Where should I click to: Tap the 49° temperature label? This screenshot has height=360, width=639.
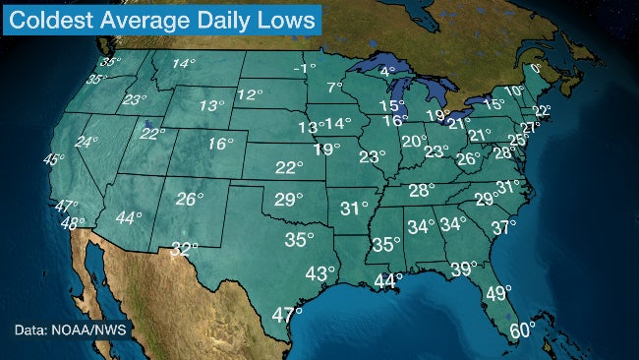pyautogui.click(x=498, y=293)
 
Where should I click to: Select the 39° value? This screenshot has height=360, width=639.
pyautogui.click(x=463, y=269)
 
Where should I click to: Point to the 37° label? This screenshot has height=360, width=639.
pyautogui.click(x=503, y=227)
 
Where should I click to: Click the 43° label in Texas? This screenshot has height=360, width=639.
pyautogui.click(x=320, y=273)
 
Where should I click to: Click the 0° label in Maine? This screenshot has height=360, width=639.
pyautogui.click(x=536, y=70)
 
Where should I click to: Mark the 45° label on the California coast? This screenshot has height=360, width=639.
pyautogui.click(x=54, y=159)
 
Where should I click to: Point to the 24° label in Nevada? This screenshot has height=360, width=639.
pyautogui.click(x=87, y=142)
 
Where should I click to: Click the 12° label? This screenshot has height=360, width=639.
pyautogui.click(x=250, y=95)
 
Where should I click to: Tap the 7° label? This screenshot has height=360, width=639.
pyautogui.click(x=334, y=88)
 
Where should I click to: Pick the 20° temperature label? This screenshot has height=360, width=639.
pyautogui.click(x=413, y=142)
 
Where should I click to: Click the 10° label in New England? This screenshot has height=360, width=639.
pyautogui.click(x=512, y=90)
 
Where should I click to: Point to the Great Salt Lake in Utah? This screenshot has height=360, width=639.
pyautogui.click(x=146, y=126)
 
